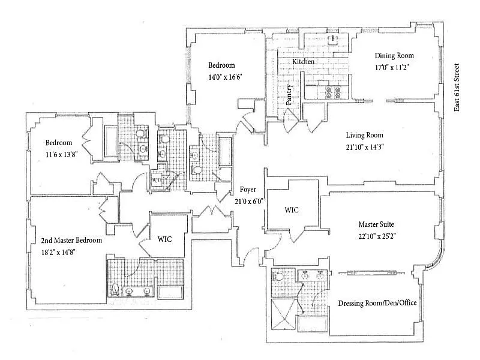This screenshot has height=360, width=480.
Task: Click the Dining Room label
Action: coord(394,56)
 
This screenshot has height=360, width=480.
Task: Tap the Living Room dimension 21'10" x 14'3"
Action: coord(365,147)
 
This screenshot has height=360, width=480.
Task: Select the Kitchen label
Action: coord(303,62)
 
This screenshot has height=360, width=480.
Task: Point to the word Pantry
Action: coord(289,95)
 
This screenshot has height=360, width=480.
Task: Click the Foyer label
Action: coord(248,190)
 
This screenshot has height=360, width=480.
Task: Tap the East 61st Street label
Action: coord(457,87)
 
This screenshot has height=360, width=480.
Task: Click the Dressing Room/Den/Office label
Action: coord(377,303)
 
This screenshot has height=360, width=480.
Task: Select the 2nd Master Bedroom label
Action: coord(71,241)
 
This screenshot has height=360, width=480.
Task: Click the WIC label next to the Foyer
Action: coord(292,210)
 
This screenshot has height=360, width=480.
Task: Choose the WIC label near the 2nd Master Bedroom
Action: coord(164,239)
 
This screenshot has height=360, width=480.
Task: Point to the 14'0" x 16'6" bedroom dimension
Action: coord(226,77)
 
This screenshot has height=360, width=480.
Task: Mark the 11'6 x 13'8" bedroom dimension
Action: coord(62,155)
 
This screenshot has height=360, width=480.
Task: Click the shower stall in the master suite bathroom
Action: coord(284,314)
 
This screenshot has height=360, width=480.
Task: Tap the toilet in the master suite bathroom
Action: coord(278,276)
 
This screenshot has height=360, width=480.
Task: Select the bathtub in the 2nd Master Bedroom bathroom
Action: coord(170,292)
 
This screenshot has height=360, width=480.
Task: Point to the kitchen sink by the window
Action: coord(332,39)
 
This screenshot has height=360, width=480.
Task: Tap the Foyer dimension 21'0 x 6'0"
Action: coord(249,202)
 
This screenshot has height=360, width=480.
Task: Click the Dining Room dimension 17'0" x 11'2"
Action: coord(392,67)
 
